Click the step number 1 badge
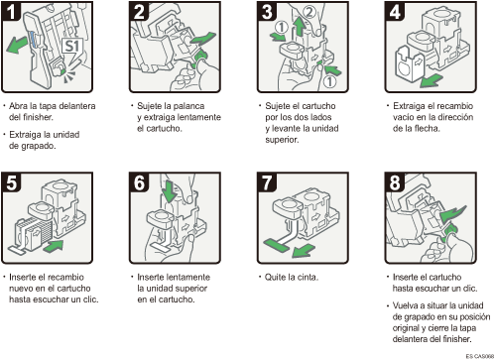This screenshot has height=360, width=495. (x=11, y=11)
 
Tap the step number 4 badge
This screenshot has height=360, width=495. (x=395, y=11)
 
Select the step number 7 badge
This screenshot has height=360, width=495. (x=267, y=182)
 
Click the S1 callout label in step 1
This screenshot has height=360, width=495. (x=71, y=47)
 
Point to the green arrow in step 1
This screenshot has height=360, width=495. (x=17, y=45)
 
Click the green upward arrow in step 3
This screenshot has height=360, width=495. (x=300, y=27)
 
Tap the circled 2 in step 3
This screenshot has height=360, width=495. (x=309, y=12)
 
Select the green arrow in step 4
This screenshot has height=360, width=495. (x=432, y=80)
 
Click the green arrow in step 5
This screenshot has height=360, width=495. (x=54, y=246)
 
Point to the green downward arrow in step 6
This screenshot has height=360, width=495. (x=171, y=191)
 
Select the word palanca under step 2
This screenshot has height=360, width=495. (x=188, y=106)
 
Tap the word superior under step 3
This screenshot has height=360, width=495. (x=282, y=140)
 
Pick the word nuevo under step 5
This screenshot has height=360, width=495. (x=21, y=289)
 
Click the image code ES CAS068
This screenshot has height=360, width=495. (x=480, y=356)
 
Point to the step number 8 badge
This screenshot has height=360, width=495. (x=395, y=182)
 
